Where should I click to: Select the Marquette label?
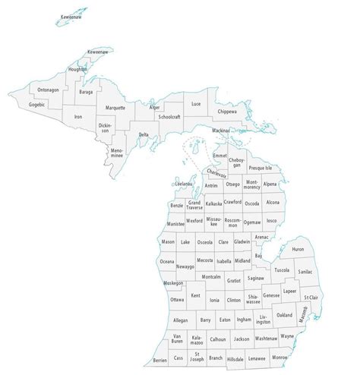pyautogui.click(x=115, y=108)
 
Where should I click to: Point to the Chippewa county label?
pyautogui.click(x=228, y=112)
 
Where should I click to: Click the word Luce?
pyautogui.click(x=196, y=103)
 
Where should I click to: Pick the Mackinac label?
pyautogui.click(x=220, y=131)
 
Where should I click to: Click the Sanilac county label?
pyautogui.click(x=305, y=270)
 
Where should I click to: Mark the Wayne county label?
pyautogui.click(x=287, y=335)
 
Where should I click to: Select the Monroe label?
pyautogui.click(x=279, y=356)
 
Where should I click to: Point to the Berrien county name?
pyautogui.click(x=159, y=361)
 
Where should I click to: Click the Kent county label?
pyautogui.click(x=196, y=295)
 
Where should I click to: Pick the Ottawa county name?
pyautogui.click(x=177, y=300)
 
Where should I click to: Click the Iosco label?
pyautogui.click(x=273, y=221)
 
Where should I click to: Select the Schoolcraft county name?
pyautogui.click(x=169, y=118)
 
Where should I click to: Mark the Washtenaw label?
pyautogui.click(x=266, y=339)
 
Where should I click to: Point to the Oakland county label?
pyautogui.click(x=284, y=314)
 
